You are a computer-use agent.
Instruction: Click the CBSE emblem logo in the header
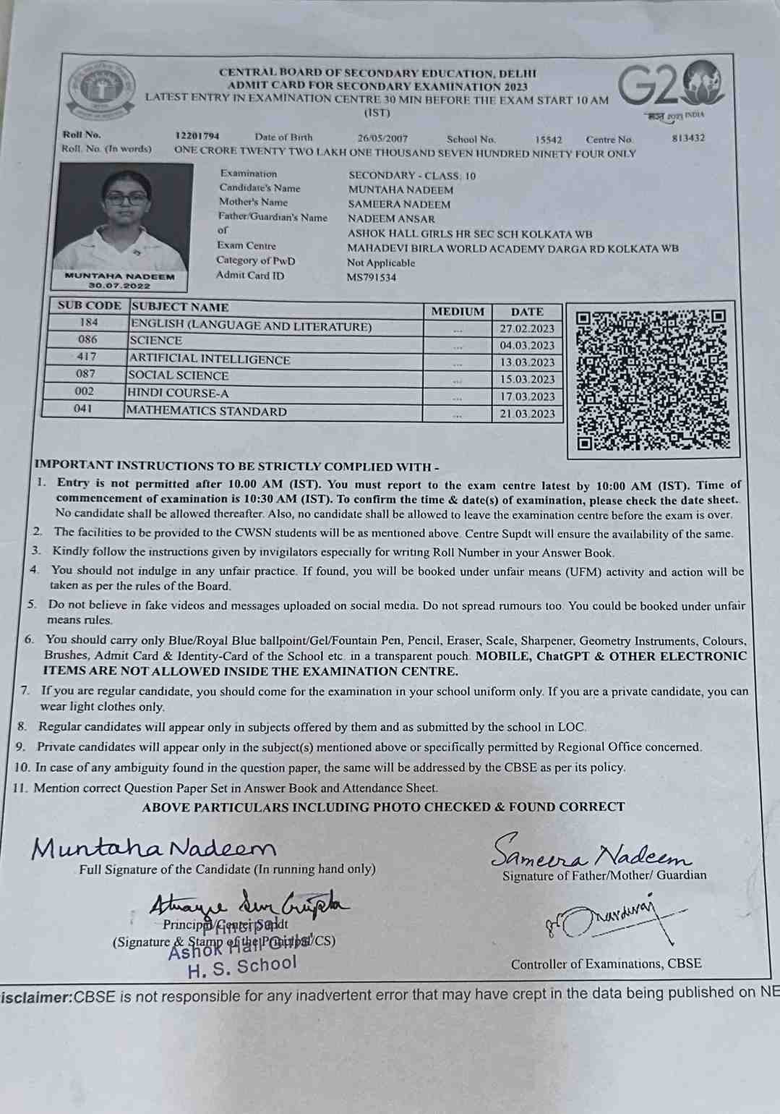coord(101,90)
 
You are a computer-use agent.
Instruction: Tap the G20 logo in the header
coord(670,85)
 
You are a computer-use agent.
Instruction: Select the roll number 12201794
coord(197,136)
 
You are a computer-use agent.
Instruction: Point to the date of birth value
coord(382,137)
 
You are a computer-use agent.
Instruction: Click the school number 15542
coord(549,139)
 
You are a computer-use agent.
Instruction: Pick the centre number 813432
coord(687,138)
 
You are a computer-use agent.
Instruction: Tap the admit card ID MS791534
coord(372,277)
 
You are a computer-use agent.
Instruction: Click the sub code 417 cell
coord(86,357)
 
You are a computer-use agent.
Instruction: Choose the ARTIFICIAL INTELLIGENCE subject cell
coord(210,360)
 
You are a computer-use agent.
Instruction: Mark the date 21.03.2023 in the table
coord(527,414)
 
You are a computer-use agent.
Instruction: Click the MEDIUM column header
coord(458,311)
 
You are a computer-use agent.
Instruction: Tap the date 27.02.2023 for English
coord(527,329)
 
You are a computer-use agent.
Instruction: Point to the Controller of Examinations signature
coord(614,919)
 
